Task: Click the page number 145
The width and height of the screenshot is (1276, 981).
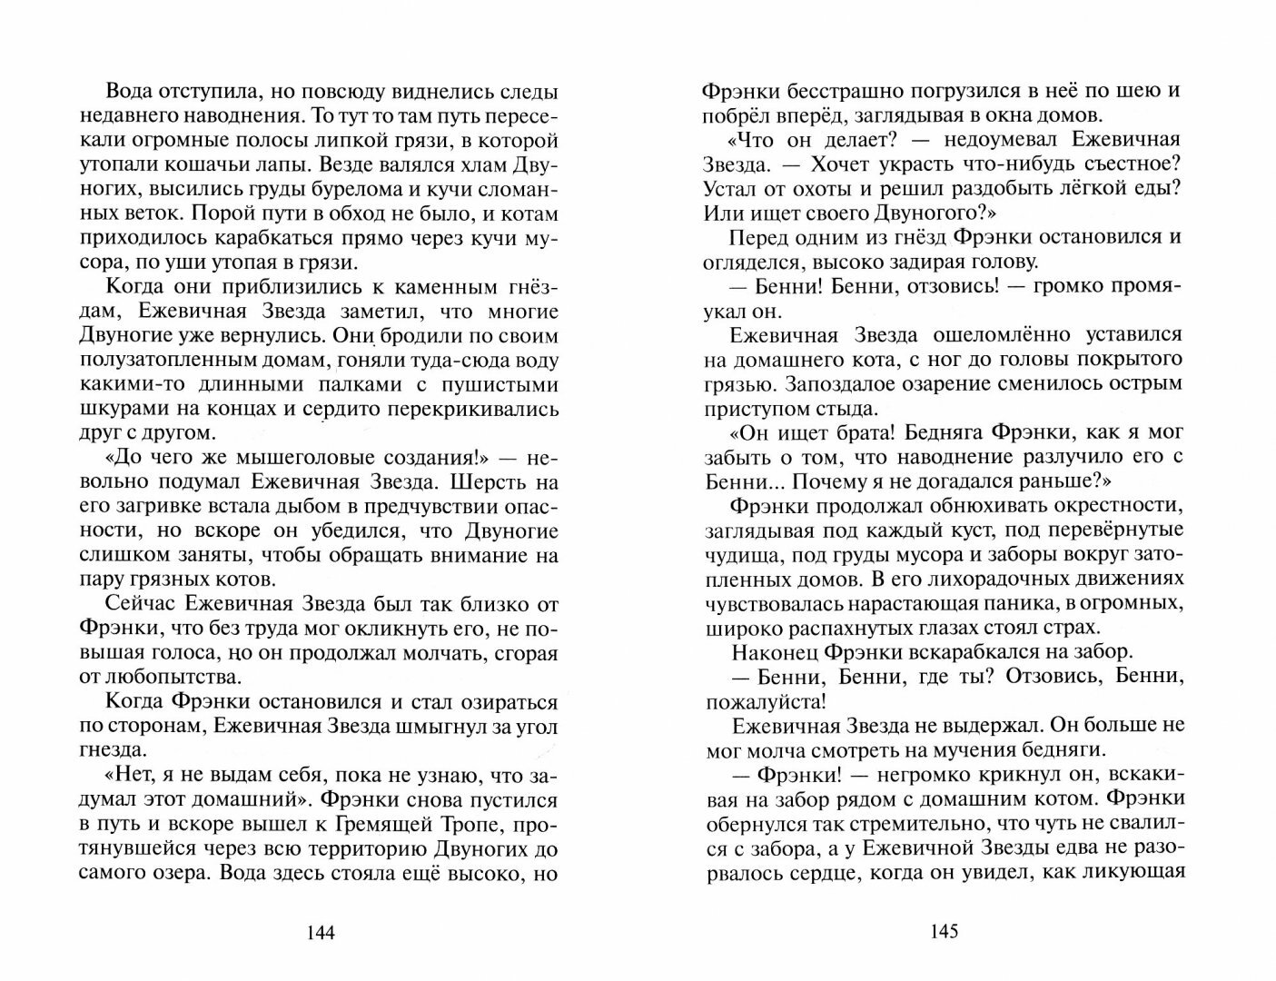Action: point(944,932)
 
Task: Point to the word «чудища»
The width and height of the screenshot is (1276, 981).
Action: point(735,554)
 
